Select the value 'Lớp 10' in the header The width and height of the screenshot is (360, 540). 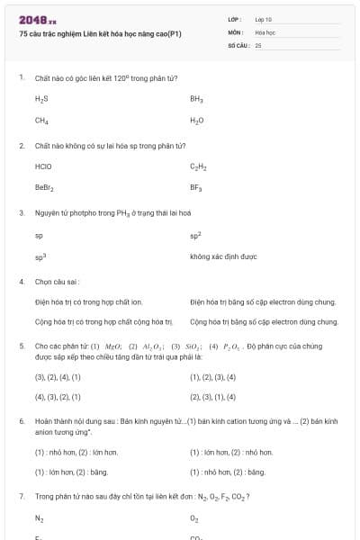coord(265,19)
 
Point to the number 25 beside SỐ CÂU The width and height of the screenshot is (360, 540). coord(258,44)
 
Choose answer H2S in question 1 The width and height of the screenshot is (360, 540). coord(41,98)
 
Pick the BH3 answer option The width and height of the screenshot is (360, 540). coord(196,98)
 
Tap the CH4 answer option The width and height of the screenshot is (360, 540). coord(41,120)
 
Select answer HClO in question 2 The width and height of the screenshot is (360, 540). coord(43,166)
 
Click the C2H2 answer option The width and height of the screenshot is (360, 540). coord(198,166)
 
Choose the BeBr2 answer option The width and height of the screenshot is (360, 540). coord(44,188)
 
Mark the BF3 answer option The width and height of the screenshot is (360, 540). coord(196,188)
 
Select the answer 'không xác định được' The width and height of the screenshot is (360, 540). coord(223,256)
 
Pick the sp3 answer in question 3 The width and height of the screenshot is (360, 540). coord(40,256)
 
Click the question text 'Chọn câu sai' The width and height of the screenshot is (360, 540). coord(58,281)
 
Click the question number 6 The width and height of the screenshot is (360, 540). coord(21,420)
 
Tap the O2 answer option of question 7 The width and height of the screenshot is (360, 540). coord(194,518)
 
